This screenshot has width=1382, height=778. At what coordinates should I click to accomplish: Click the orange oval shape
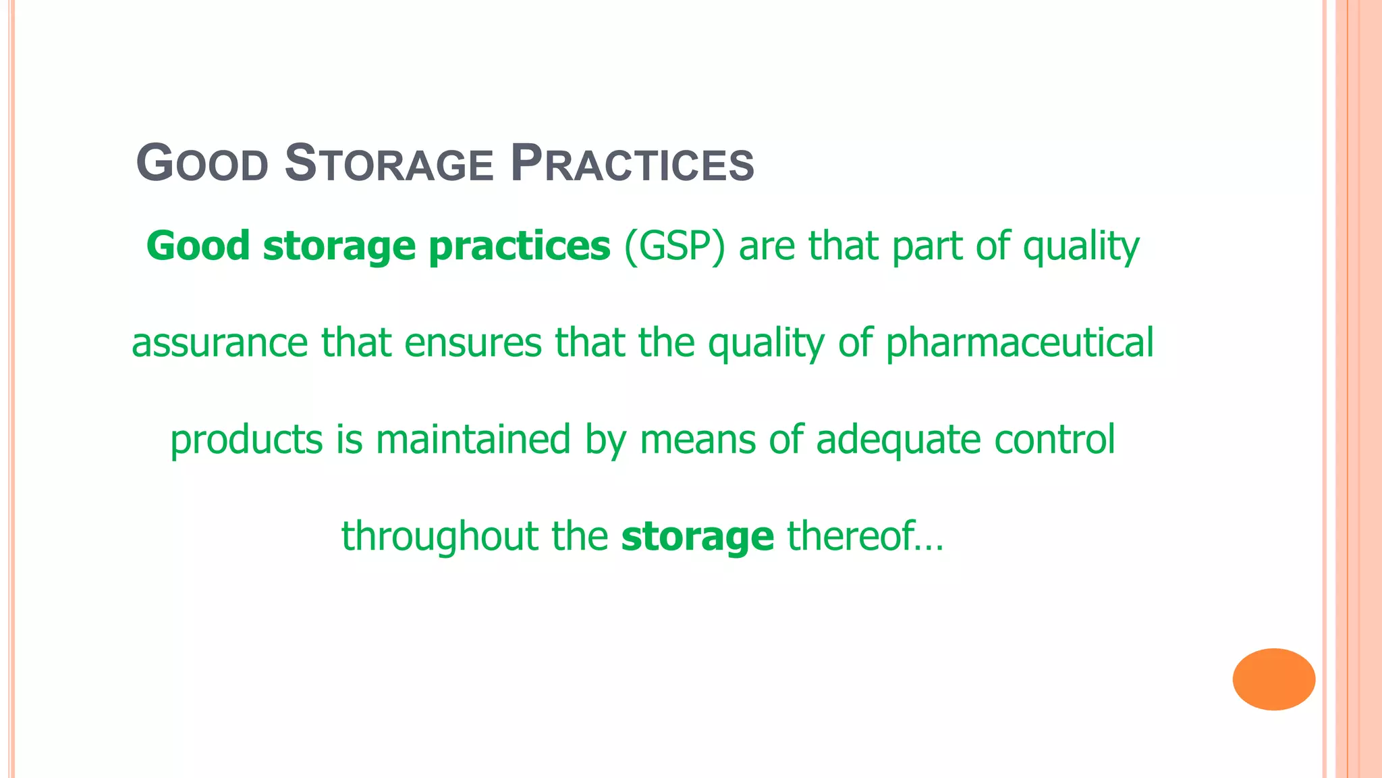pos(1273,679)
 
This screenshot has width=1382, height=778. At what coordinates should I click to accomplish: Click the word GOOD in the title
pos(202,164)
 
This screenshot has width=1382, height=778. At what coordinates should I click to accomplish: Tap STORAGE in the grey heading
pos(389,164)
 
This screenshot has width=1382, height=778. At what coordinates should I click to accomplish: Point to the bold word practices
pos(519,247)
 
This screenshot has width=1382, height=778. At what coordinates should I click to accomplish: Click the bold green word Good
pos(198,246)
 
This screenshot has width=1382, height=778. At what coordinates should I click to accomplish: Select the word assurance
pos(219,343)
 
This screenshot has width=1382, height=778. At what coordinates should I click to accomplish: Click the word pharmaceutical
pos(1019,343)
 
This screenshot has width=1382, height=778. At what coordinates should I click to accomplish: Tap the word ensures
pos(472,343)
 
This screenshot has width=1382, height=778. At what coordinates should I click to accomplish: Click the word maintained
pos(473,439)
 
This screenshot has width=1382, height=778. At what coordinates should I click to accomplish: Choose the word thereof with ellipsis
pos(864,536)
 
